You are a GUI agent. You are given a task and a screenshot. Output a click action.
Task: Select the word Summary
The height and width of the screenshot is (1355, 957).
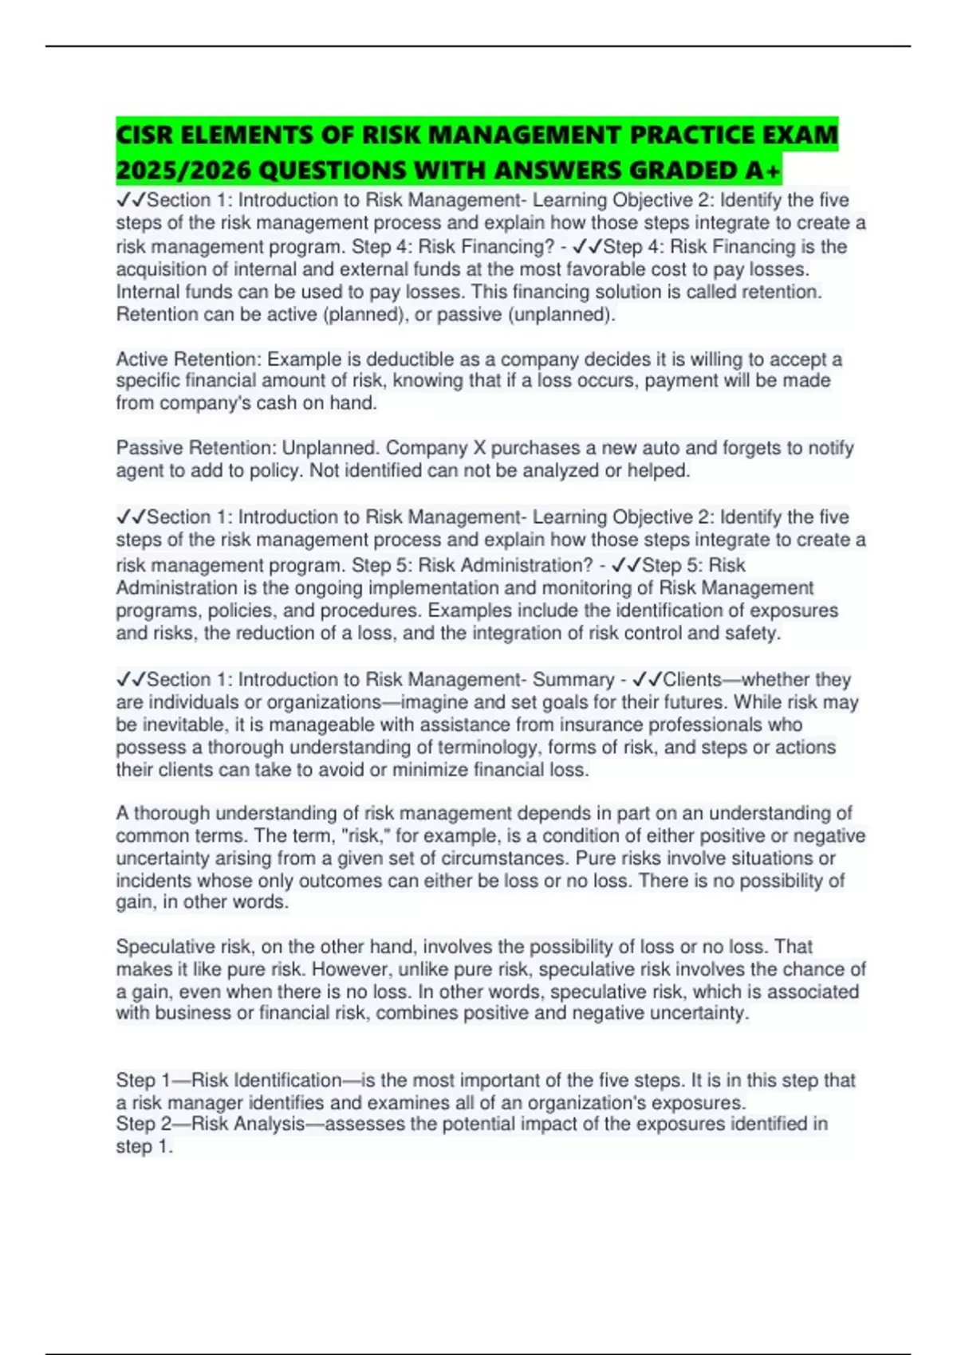click(x=573, y=680)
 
